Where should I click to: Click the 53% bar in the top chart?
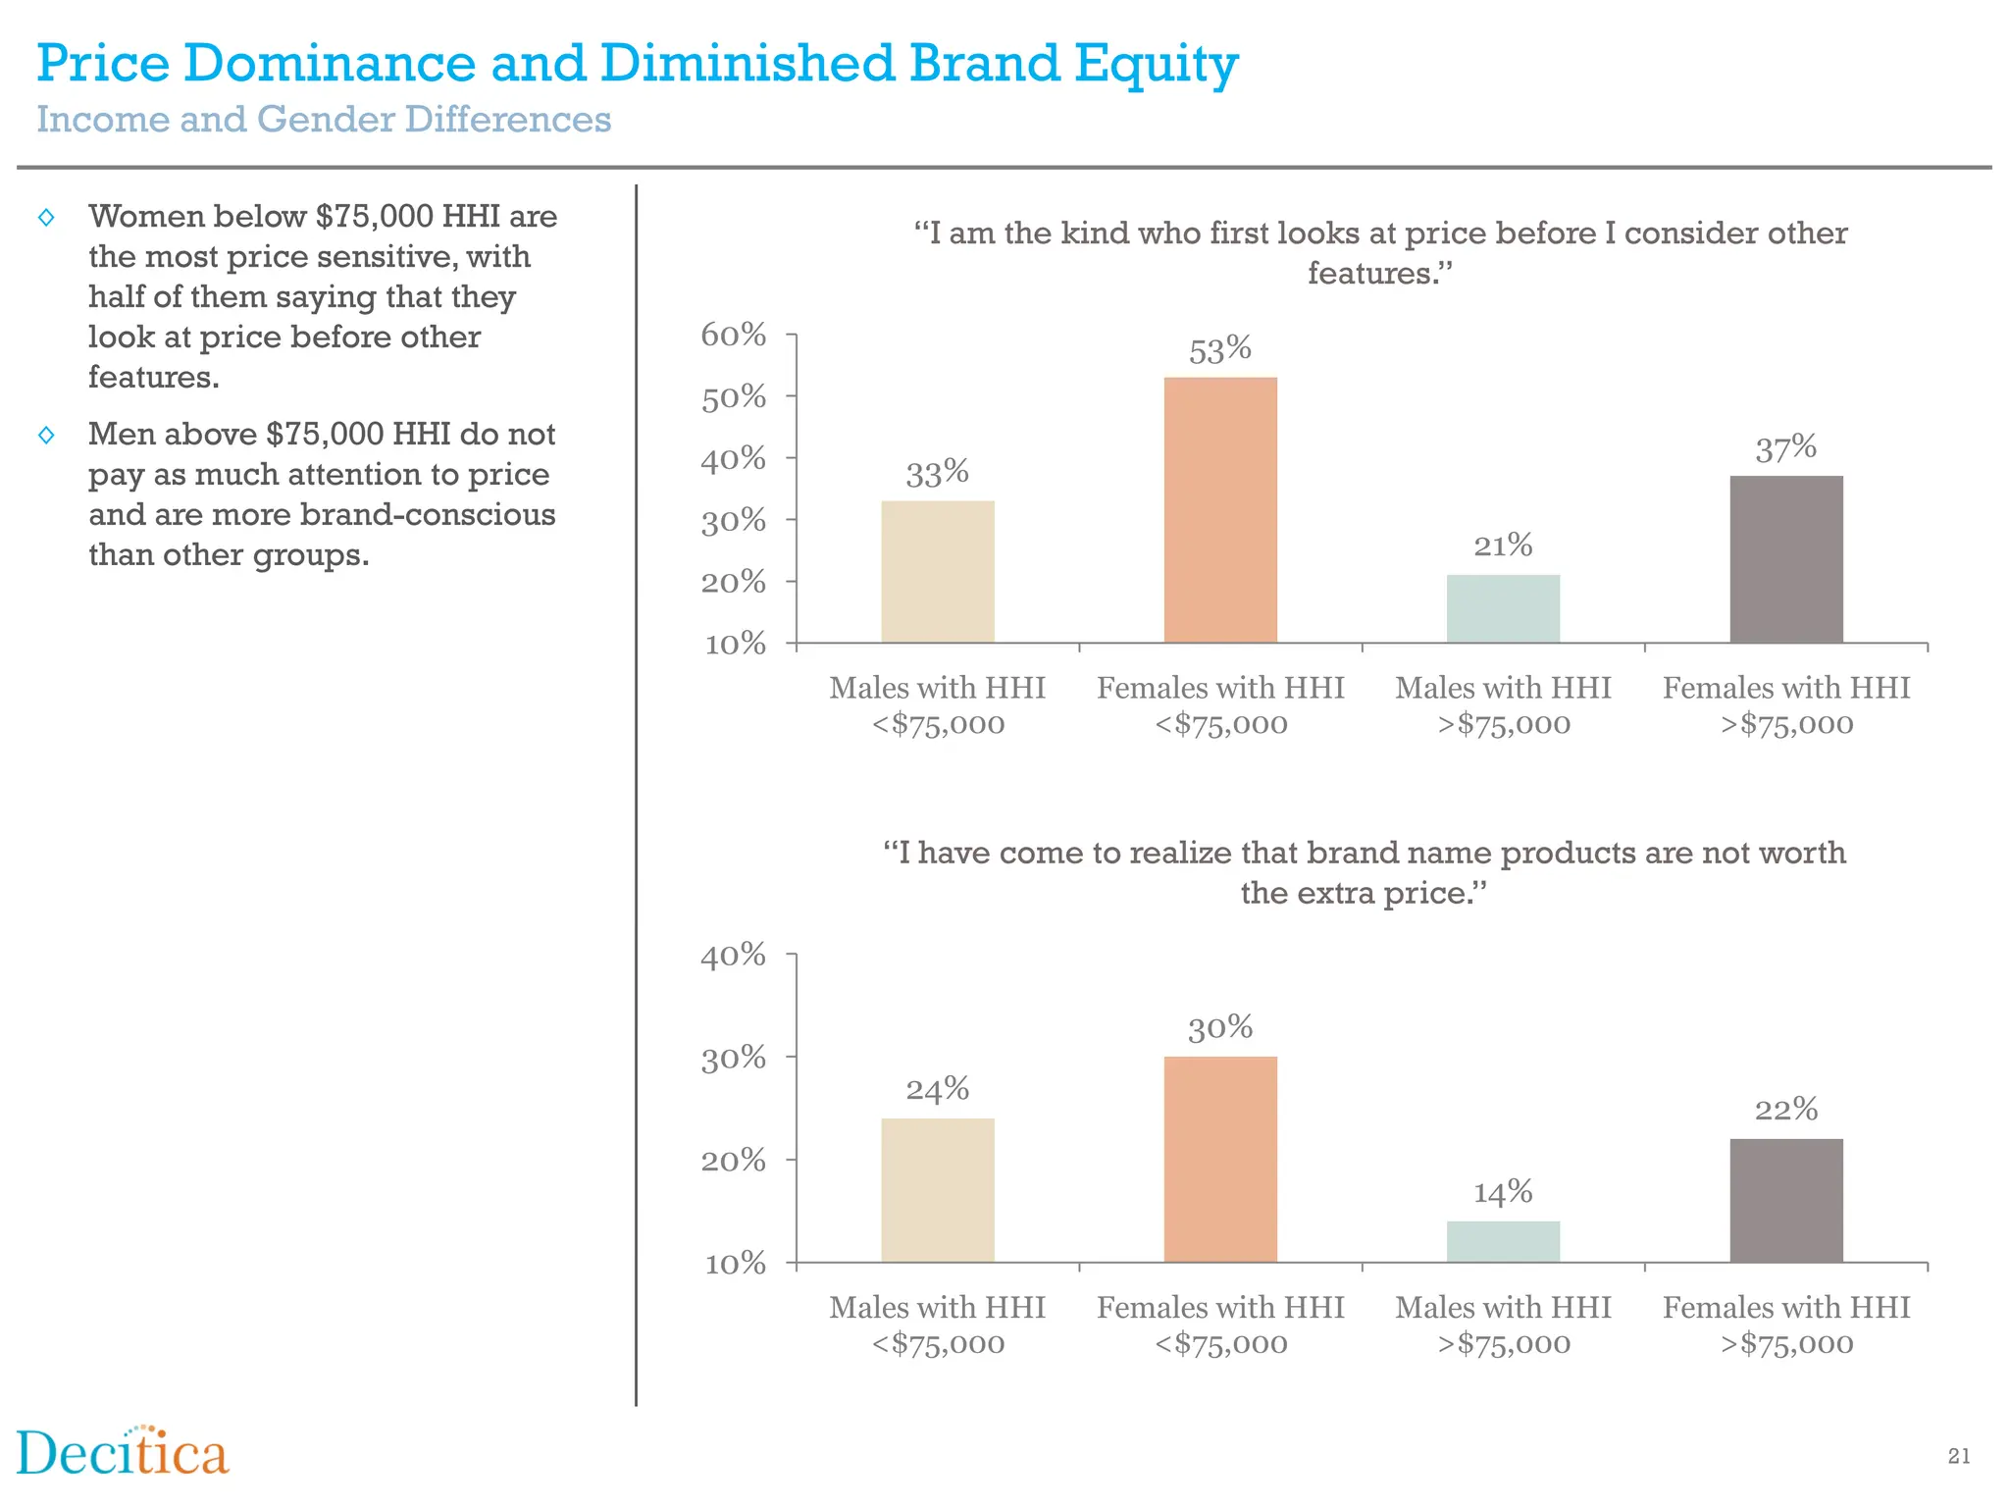coord(1220,510)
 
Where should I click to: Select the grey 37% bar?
coord(1785,559)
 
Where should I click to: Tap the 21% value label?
coord(1502,546)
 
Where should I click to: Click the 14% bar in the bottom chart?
coord(1502,1241)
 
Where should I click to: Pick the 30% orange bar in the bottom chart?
coord(1220,1159)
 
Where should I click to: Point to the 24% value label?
coord(937,1089)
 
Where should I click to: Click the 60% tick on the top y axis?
coord(733,335)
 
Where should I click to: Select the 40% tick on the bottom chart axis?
coord(733,955)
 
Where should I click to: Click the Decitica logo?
coord(123,1453)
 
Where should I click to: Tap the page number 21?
coord(1958,1456)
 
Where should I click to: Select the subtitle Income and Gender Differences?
coord(324,120)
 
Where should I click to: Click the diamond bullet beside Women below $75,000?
coord(46,217)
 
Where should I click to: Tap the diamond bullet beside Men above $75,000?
coord(46,435)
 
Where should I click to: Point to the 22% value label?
coord(1785,1110)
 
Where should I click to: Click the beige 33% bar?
coord(937,572)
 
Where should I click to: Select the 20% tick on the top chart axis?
coord(733,582)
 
